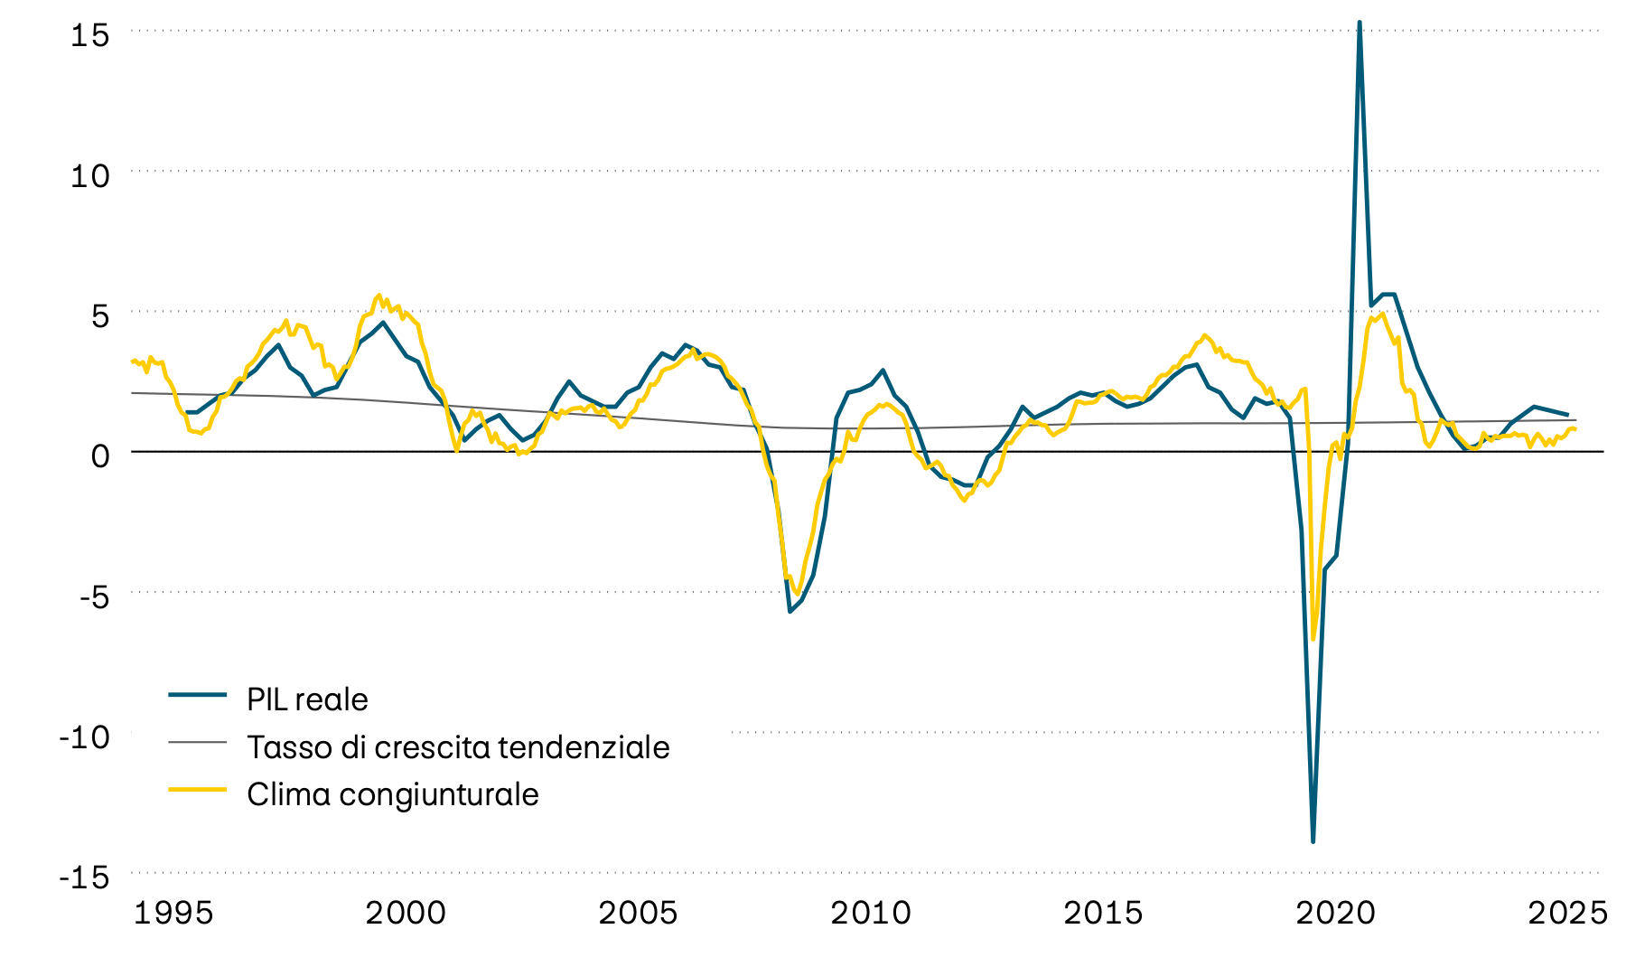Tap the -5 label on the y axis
[89, 596]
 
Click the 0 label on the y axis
[99, 455]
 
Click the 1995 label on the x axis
[173, 913]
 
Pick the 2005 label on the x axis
[638, 913]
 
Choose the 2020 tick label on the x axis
[1335, 913]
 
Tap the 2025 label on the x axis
[1567, 913]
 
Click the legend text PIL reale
[307, 699]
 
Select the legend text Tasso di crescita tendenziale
[458, 747]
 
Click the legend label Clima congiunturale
[392, 794]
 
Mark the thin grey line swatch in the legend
[197, 742]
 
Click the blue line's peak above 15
[1360, 23]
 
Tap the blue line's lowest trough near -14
[1313, 841]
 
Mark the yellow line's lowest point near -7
[1313, 639]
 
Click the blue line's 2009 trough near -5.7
[790, 612]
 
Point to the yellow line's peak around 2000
[378, 295]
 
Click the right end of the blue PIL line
[1567, 414]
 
